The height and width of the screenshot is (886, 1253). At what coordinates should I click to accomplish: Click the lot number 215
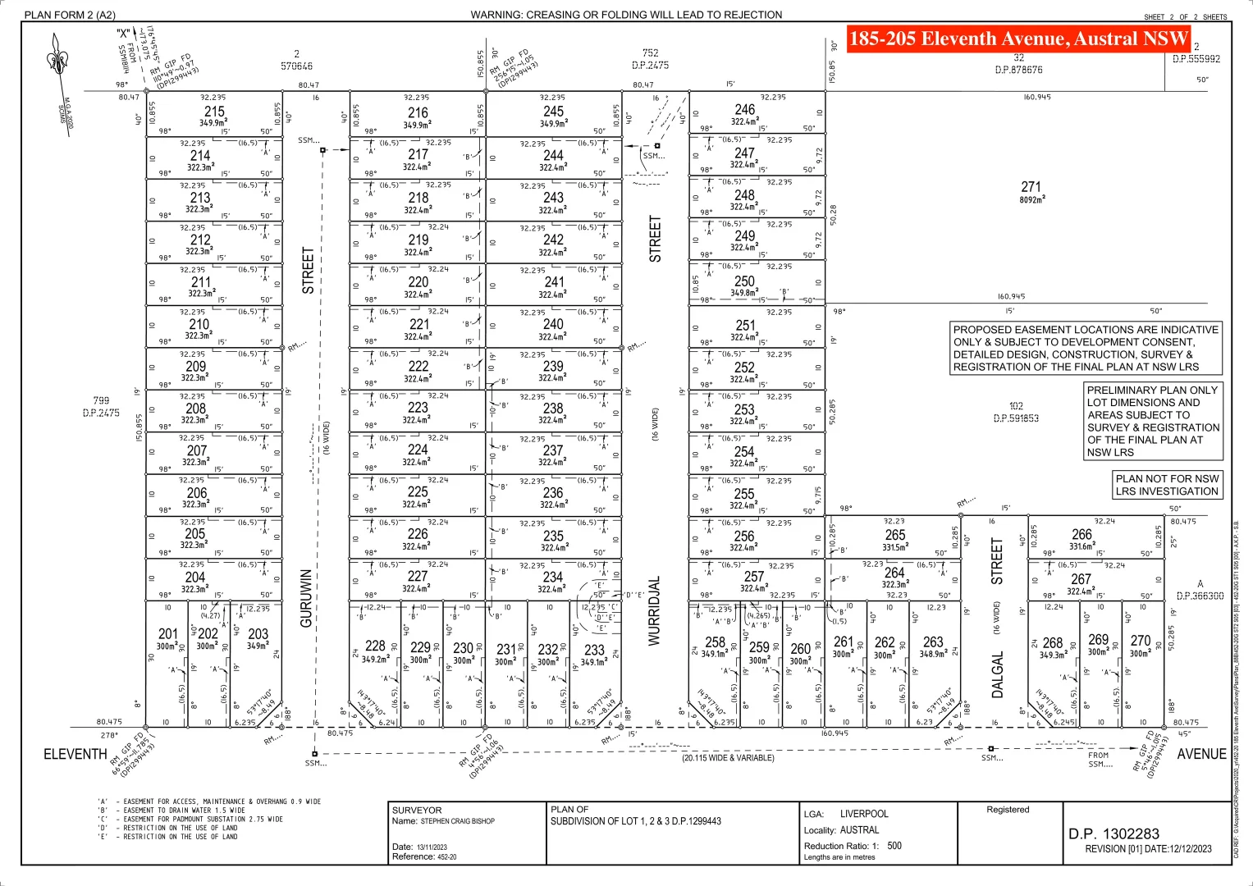click(214, 112)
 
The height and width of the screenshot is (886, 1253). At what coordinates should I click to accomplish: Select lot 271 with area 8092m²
click(1031, 188)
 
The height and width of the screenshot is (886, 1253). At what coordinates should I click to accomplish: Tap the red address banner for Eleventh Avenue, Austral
click(1017, 39)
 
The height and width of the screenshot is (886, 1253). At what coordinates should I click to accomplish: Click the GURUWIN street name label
click(306, 599)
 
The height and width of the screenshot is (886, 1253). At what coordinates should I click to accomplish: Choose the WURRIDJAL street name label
click(655, 611)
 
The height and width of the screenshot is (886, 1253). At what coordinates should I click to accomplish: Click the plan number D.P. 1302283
click(1114, 833)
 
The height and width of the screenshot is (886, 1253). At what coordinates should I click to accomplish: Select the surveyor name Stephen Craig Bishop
click(457, 821)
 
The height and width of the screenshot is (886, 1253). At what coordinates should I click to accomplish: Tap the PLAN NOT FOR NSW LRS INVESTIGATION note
click(1167, 485)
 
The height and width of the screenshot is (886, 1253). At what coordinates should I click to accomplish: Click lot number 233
click(594, 651)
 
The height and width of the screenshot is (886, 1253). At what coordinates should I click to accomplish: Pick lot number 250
click(744, 281)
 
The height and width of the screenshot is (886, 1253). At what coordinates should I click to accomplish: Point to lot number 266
click(1082, 534)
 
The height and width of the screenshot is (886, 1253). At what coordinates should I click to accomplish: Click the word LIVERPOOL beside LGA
click(864, 814)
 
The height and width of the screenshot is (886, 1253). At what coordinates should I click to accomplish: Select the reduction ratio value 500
click(894, 846)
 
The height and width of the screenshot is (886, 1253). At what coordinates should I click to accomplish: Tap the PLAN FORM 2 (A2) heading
click(70, 15)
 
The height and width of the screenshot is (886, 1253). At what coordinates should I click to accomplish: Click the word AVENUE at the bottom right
click(1201, 754)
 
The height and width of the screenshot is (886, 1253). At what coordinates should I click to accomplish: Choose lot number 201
click(168, 634)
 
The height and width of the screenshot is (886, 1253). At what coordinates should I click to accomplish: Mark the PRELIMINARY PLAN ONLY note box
click(1153, 421)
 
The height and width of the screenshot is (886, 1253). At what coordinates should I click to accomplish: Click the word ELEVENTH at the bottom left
click(75, 754)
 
